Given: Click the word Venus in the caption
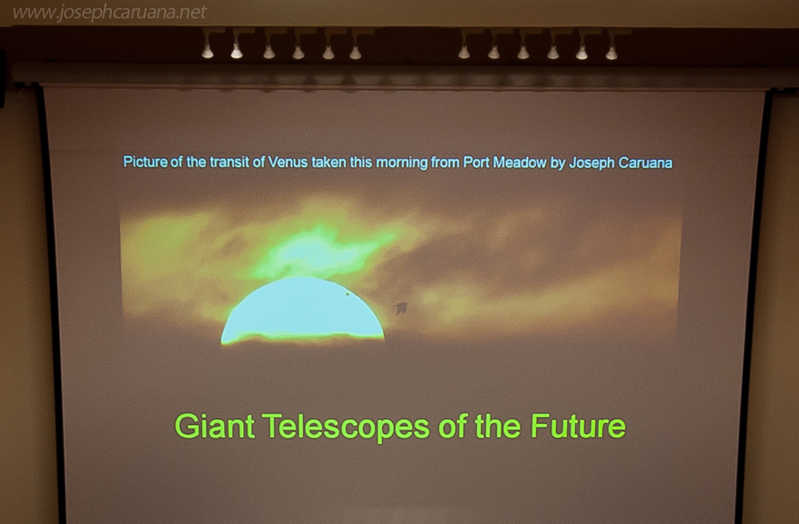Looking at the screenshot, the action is pos(288,162).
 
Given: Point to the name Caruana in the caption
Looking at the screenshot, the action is pos(645,163).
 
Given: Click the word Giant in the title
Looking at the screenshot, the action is pos(214,426).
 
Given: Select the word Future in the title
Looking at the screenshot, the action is pos(578,426).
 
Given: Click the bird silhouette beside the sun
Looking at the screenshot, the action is pos(400,308).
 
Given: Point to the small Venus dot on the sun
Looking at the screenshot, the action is pos(348,294).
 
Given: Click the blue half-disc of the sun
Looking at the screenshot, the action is pos(302,311).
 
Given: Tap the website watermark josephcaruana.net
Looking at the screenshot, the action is pos(109,12).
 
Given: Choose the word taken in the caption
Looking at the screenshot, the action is pos(328,162).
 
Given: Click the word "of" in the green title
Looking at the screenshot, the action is pos(451,426).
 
